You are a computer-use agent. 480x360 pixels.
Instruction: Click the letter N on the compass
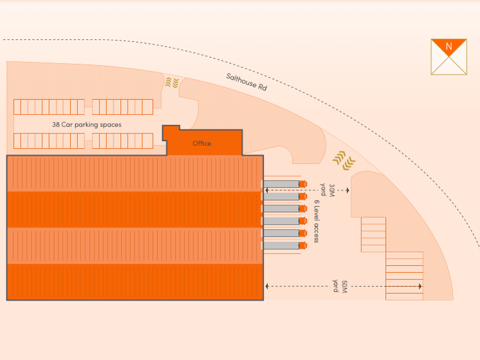pyautogui.click(x=449, y=46)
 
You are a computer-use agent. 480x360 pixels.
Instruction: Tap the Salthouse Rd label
pyautogui.click(x=246, y=81)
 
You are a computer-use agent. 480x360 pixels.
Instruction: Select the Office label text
pyautogui.click(x=202, y=144)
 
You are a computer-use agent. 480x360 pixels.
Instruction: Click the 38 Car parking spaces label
pyautogui.click(x=86, y=125)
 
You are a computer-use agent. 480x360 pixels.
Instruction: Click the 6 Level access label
pyautogui.click(x=316, y=221)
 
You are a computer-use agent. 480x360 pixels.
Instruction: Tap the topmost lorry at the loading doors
pyautogui.click(x=284, y=184)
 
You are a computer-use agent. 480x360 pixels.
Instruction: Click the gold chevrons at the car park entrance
pyautogui.click(x=171, y=82)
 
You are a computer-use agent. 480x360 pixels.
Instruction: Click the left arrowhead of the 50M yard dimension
pyautogui.click(x=267, y=286)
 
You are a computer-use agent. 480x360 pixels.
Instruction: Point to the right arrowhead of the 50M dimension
pyautogui.click(x=420, y=286)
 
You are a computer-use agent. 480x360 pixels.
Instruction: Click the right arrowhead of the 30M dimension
pyautogui.click(x=348, y=190)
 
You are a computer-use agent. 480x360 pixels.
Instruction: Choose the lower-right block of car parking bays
pyautogui.click(x=122, y=141)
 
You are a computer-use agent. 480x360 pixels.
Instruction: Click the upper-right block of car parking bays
pyautogui.click(x=122, y=106)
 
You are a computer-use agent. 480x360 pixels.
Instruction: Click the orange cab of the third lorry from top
pyautogui.click(x=303, y=209)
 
